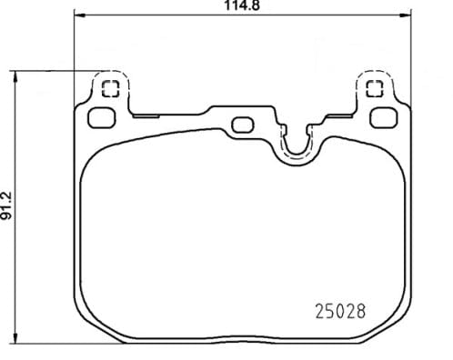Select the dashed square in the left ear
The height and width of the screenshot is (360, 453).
pos(111,88)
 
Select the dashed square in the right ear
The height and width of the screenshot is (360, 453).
pos(374,88)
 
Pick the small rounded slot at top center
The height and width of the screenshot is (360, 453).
pos(242,125)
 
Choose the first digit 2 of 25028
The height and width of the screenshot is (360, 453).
pos(319,311)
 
